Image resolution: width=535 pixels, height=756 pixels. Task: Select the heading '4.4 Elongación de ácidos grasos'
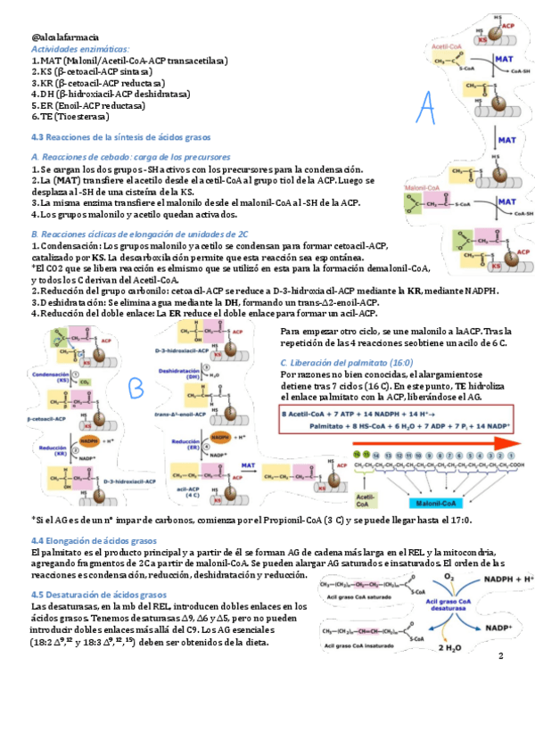pos(94,541)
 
